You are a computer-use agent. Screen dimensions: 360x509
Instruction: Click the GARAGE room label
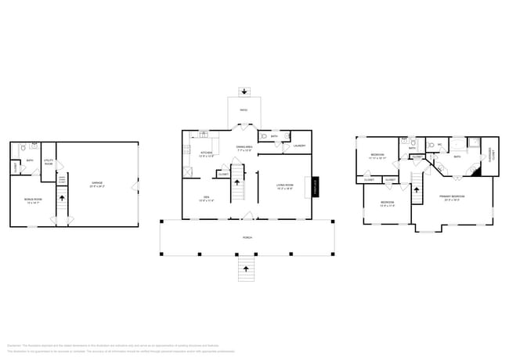(96, 185)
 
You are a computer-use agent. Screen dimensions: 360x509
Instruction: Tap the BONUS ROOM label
(32, 200)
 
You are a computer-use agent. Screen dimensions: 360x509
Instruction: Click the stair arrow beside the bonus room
(62, 201)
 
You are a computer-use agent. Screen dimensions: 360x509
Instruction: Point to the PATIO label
(243, 110)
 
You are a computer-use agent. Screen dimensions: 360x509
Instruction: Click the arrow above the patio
(243, 90)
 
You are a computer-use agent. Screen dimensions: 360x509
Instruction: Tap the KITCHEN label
(206, 153)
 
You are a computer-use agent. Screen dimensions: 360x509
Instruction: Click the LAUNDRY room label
(298, 146)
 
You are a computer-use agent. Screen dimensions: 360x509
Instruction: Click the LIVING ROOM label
(284, 185)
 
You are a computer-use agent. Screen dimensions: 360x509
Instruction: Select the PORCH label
(247, 237)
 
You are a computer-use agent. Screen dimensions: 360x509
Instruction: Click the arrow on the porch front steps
(247, 268)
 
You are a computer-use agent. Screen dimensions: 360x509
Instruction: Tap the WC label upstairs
(440, 144)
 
